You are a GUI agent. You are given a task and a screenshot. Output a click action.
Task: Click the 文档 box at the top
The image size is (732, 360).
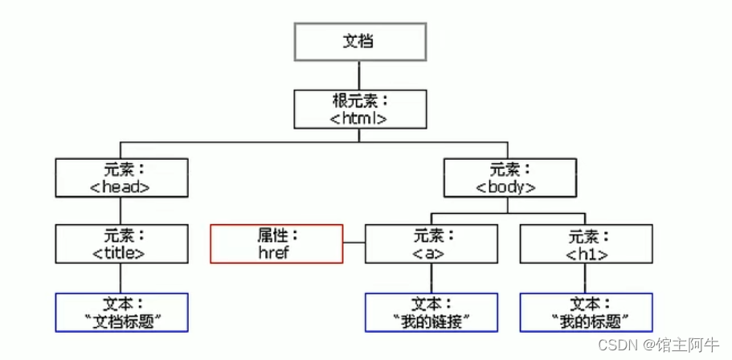point(359,41)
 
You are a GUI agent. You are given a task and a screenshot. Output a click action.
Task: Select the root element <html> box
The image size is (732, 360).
point(359,110)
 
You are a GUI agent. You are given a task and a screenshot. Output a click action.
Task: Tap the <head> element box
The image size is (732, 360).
point(121,178)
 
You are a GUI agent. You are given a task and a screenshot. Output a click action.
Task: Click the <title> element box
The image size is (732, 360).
point(121,244)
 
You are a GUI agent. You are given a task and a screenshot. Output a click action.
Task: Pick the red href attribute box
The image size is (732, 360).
point(276,243)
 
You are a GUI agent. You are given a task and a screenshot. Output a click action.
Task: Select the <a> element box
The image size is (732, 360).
point(431,244)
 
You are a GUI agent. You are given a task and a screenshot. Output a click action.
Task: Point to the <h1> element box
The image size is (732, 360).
point(586,244)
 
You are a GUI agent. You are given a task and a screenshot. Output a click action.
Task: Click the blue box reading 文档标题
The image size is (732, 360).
point(121,313)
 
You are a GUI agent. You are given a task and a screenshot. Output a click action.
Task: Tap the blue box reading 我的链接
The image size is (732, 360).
point(431,313)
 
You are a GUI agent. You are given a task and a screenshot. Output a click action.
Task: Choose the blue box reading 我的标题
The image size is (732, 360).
point(586,313)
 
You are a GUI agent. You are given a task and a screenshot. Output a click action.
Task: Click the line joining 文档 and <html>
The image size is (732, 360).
point(359,76)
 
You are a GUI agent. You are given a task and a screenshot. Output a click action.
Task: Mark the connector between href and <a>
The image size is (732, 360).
point(354,242)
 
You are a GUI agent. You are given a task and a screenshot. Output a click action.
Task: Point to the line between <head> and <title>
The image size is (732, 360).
point(121,211)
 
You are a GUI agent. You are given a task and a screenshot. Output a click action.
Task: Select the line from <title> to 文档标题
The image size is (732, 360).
point(121,279)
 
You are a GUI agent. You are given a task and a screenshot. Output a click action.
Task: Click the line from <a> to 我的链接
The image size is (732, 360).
point(431,279)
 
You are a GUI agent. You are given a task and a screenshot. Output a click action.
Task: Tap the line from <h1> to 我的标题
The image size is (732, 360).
point(586,279)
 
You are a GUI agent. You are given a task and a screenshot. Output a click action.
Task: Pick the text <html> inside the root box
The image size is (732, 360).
point(359,118)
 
